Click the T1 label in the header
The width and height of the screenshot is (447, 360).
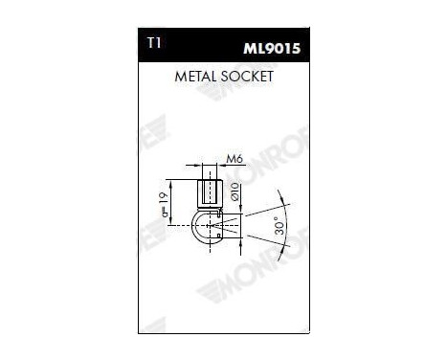pyautogui.click(x=156, y=45)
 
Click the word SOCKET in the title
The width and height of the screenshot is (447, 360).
pyautogui.click(x=245, y=76)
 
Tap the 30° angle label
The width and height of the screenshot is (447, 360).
pyautogui.click(x=277, y=227)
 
